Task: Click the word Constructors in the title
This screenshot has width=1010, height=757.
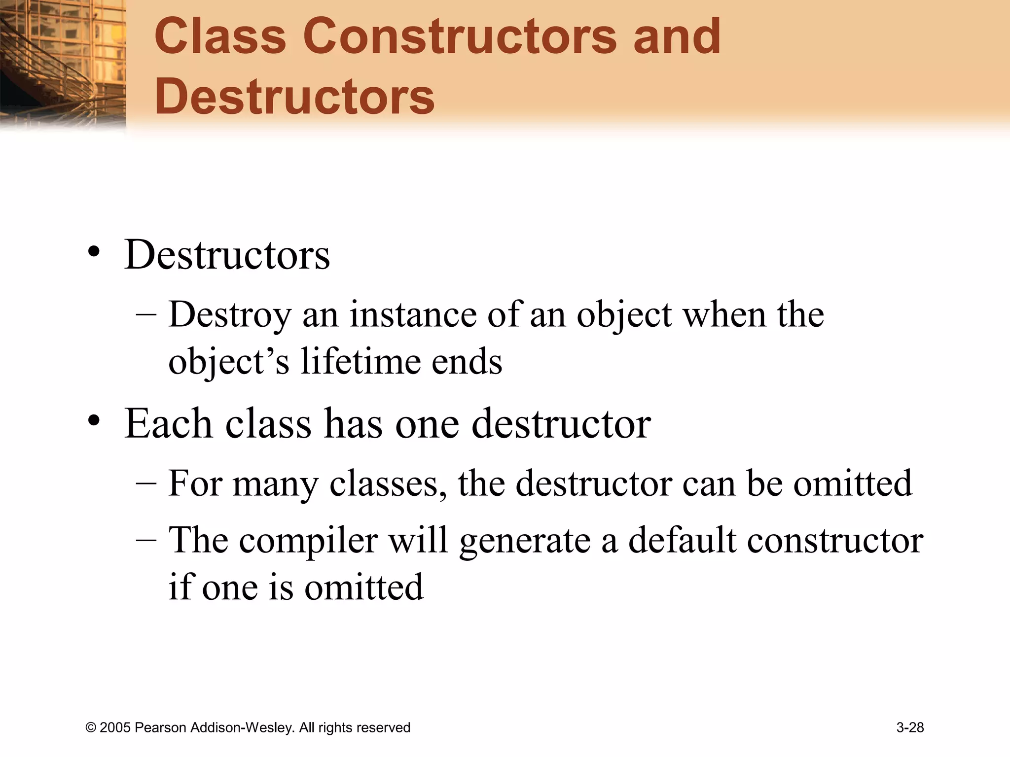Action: (460, 36)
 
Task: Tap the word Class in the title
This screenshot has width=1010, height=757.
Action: (220, 36)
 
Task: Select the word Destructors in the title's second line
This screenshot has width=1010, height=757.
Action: (294, 96)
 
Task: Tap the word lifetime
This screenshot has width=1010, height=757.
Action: (360, 361)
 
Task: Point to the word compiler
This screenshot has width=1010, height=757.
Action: (308, 540)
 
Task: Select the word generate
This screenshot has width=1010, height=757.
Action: (524, 540)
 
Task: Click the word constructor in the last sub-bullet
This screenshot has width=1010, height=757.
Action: (834, 540)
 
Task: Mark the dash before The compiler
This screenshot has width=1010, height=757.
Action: (146, 539)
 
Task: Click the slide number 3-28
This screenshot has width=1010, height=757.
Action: (910, 727)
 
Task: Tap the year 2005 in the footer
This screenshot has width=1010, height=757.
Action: (115, 727)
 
